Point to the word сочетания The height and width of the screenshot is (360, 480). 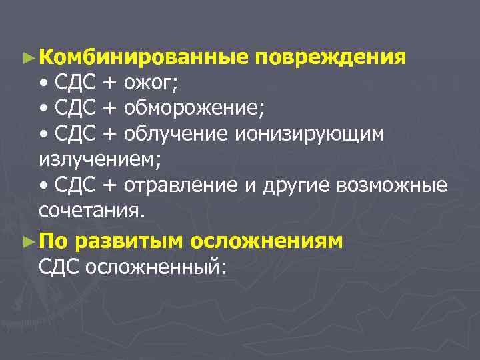click(91, 211)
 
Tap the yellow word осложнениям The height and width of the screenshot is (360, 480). click(266, 240)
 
